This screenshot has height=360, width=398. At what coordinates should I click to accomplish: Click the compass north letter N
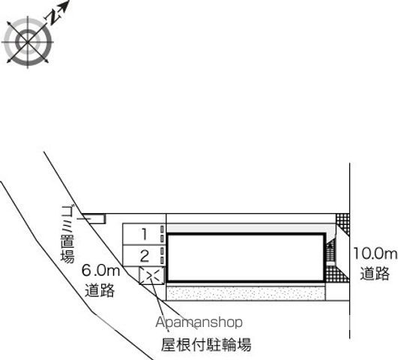(x=54, y=17)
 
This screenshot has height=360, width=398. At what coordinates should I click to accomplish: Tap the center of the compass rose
(x=28, y=41)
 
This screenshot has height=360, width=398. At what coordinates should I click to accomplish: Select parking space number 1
(x=144, y=234)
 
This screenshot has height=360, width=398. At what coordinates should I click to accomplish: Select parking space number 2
(x=145, y=256)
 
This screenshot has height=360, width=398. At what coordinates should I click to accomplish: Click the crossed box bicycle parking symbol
(x=152, y=275)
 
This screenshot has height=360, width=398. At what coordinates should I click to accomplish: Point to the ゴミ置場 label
(x=68, y=234)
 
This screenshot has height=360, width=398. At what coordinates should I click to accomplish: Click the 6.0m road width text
(x=100, y=271)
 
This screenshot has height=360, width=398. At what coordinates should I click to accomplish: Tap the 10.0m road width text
(x=375, y=253)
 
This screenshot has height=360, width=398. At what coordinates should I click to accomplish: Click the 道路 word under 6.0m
(x=100, y=290)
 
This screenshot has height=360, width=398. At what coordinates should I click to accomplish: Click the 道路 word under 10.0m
(x=375, y=273)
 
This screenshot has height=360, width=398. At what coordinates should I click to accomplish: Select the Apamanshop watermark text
(x=199, y=322)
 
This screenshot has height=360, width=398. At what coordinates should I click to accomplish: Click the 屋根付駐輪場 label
(x=206, y=344)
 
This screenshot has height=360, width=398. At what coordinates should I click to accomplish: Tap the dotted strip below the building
(x=246, y=293)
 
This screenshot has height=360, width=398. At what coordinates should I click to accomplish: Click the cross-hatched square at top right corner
(x=343, y=224)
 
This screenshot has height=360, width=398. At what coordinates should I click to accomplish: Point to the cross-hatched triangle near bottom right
(x=337, y=274)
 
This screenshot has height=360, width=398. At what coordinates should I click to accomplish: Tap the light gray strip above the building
(x=250, y=228)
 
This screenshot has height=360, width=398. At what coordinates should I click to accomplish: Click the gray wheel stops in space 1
(x=162, y=234)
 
